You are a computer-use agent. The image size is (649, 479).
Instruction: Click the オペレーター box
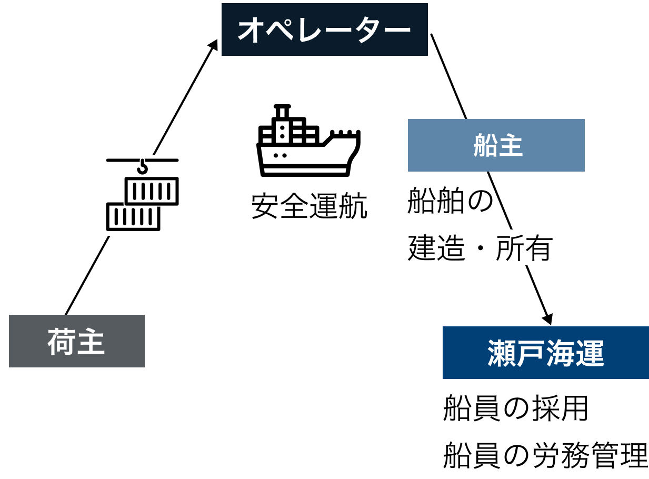pos(324,29)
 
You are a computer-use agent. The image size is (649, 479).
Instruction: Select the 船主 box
pos(496,145)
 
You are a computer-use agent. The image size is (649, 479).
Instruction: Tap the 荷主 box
pos(77,341)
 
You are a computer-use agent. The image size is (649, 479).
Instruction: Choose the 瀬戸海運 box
pos(545,353)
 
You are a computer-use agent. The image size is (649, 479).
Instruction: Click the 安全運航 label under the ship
pos(309,206)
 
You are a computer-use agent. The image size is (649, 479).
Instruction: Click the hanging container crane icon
pos(142,195)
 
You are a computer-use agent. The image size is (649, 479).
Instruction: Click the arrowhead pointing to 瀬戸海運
pos(547,318)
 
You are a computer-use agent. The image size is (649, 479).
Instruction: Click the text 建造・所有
pos(480,248)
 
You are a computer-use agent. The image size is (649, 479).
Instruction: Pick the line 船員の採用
pos(515,408)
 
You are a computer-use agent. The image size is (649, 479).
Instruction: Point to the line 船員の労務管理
pos(545,455)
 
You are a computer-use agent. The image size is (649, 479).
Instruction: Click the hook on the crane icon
pos(142,167)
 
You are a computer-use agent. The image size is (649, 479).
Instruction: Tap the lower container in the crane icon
pos(133,216)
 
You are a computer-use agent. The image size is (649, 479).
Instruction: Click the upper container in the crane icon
pos(152,191)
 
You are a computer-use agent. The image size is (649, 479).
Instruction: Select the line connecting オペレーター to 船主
pos(448,76)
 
